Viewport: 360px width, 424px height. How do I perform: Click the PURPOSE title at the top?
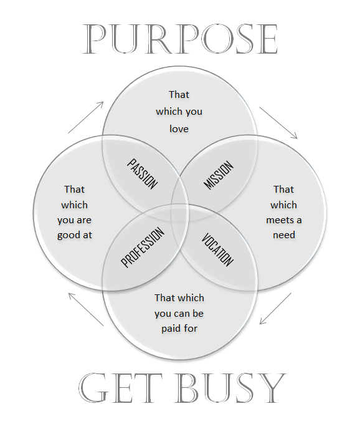click(x=180, y=39)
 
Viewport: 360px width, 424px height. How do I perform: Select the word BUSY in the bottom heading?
click(x=231, y=388)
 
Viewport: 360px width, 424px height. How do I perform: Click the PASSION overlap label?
click(x=143, y=174)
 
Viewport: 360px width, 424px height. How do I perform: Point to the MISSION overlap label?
click(x=218, y=175)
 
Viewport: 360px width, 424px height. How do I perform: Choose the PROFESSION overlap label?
click(x=143, y=247)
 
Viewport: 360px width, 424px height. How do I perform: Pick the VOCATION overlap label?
click(x=217, y=249)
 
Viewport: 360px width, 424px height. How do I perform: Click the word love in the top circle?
click(x=179, y=128)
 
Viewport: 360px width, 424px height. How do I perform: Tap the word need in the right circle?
click(x=284, y=235)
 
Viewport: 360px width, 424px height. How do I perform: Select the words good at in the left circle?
click(x=75, y=235)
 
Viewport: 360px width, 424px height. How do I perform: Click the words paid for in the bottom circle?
click(x=179, y=329)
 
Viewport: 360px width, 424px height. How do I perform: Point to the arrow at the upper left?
click(x=86, y=117)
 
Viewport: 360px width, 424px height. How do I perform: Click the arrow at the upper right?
click(x=278, y=123)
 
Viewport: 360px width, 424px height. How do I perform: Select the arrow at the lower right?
click(x=275, y=308)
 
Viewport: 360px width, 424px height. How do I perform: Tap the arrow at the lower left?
click(x=86, y=309)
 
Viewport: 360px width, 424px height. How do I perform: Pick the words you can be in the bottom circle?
click(x=179, y=314)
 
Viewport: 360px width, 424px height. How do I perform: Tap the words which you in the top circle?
click(x=179, y=112)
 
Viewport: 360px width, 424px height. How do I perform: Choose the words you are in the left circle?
click(x=75, y=220)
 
